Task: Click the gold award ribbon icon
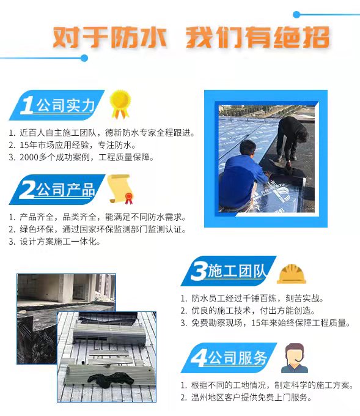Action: [120, 104]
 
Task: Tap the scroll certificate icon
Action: [120, 189]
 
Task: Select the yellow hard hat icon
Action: [291, 274]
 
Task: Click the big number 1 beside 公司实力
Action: [28, 105]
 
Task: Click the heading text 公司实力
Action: [65, 105]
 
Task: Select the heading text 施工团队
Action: [237, 271]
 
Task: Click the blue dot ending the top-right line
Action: [296, 15]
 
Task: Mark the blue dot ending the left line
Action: [84, 58]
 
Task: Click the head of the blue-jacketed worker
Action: [248, 148]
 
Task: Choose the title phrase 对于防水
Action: [109, 37]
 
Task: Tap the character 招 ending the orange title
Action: [315, 37]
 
